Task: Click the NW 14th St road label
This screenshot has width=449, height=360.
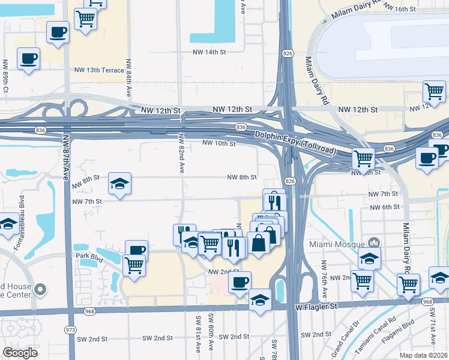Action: pyautogui.click(x=208, y=52)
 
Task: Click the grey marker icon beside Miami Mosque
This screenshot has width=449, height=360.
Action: pyautogui.click(x=374, y=243)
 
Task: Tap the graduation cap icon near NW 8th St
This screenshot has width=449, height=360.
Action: pyautogui.click(x=119, y=184)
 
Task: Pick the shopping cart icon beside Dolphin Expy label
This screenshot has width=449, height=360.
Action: pyautogui.click(x=363, y=158)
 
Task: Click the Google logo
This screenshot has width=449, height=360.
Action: pyautogui.click(x=19, y=353)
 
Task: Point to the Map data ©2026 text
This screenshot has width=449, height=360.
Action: pyautogui.click(x=423, y=355)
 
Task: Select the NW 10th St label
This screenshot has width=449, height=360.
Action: pyautogui.click(x=218, y=143)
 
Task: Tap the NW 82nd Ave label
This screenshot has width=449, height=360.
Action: pyautogui.click(x=181, y=155)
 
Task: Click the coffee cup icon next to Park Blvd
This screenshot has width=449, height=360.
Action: pyautogui.click(x=136, y=250)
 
